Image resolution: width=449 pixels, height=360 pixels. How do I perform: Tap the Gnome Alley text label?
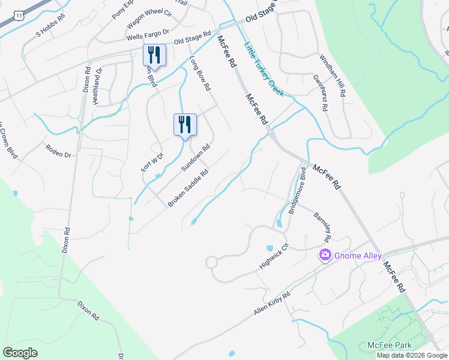[x=358, y=256]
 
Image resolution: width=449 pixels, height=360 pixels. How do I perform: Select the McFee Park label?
[x=390, y=346]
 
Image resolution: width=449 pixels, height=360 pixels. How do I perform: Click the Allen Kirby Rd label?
[x=272, y=304]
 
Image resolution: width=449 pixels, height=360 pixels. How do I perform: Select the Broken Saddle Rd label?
[x=188, y=188]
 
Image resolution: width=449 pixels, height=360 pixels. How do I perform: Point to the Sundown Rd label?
[x=196, y=157]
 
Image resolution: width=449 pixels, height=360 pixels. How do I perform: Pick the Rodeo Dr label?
[x=59, y=150]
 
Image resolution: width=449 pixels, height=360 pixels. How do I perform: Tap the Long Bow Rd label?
[x=200, y=73]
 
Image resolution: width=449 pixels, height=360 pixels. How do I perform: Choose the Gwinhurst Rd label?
[x=320, y=93]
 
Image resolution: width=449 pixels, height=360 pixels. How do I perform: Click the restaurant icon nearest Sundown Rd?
[x=185, y=125]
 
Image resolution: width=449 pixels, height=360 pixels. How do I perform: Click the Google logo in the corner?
[x=20, y=352]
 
